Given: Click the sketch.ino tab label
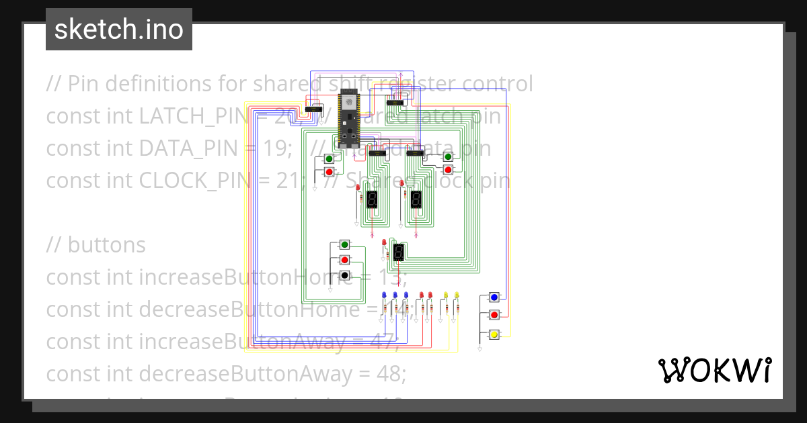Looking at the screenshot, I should pos(118,30).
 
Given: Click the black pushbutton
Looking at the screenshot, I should pos(344,275).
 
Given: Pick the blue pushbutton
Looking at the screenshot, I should pos(494,297).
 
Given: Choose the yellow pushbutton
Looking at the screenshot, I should pos(494,334).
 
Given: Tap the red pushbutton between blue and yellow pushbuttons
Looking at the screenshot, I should pos(494,315).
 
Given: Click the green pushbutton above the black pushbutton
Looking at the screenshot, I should pos(344,244).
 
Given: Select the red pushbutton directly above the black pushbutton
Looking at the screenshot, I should pos(344,260).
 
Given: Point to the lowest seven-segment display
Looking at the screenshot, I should pos(398,252).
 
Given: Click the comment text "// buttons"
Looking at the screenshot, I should pos(95,245).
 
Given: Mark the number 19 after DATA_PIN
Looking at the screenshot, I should pos(280,148).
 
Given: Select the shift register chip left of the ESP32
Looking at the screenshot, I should pos(313,109).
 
